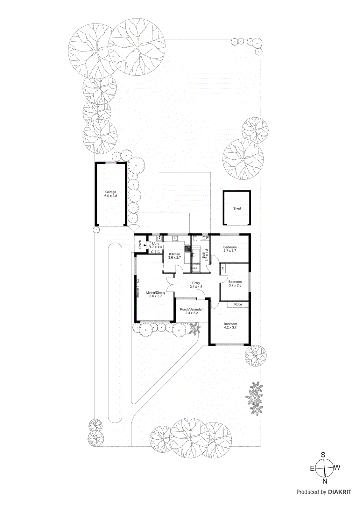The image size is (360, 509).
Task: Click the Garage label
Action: (111, 192)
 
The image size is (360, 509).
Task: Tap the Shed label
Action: (237, 208)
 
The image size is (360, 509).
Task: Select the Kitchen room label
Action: (174, 254)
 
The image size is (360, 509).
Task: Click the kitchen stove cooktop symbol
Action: (188, 248)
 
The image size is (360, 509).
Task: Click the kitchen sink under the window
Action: (175, 238)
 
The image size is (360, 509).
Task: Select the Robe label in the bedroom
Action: (238, 304)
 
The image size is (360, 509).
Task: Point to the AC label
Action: (138, 282)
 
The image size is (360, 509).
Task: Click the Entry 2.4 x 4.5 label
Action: (196, 285)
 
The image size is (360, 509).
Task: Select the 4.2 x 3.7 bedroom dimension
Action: (230, 327)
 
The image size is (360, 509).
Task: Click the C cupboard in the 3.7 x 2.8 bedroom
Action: (223, 268)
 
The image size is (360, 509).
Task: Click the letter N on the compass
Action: (325, 481)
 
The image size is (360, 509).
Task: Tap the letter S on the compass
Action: (323, 454)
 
